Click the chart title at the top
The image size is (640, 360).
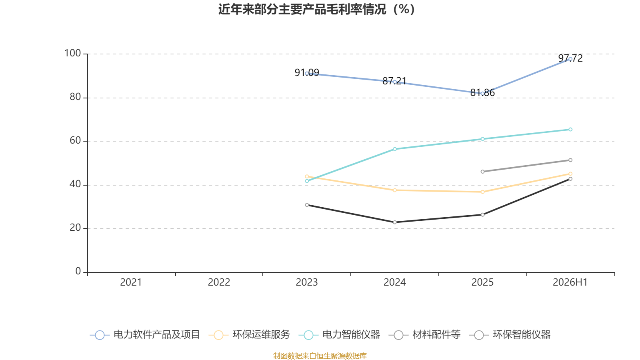tap(316, 10)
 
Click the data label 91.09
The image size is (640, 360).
tap(307, 72)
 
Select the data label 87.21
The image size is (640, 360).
tap(394, 81)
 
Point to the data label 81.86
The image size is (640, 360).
tap(482, 92)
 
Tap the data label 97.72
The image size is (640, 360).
tap(570, 58)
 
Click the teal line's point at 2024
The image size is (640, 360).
tap(394, 149)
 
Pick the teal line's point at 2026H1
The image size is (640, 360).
tap(570, 130)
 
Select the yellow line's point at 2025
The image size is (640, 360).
tap(482, 192)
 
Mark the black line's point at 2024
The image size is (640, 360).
tap(394, 222)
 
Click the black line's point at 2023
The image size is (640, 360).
tap(307, 205)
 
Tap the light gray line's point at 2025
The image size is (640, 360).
tap(482, 172)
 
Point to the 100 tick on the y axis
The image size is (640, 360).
tap(72, 53)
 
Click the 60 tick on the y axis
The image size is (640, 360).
tap(75, 140)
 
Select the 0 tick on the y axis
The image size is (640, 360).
tap(78, 271)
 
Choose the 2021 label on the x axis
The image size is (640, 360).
tap(131, 282)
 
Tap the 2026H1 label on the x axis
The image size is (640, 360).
tap(570, 282)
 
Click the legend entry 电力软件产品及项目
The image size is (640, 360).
tap(145, 334)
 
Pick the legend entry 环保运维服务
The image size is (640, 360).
tap(250, 334)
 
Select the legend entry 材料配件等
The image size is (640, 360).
tap(425, 334)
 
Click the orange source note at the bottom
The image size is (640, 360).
tap(320, 356)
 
